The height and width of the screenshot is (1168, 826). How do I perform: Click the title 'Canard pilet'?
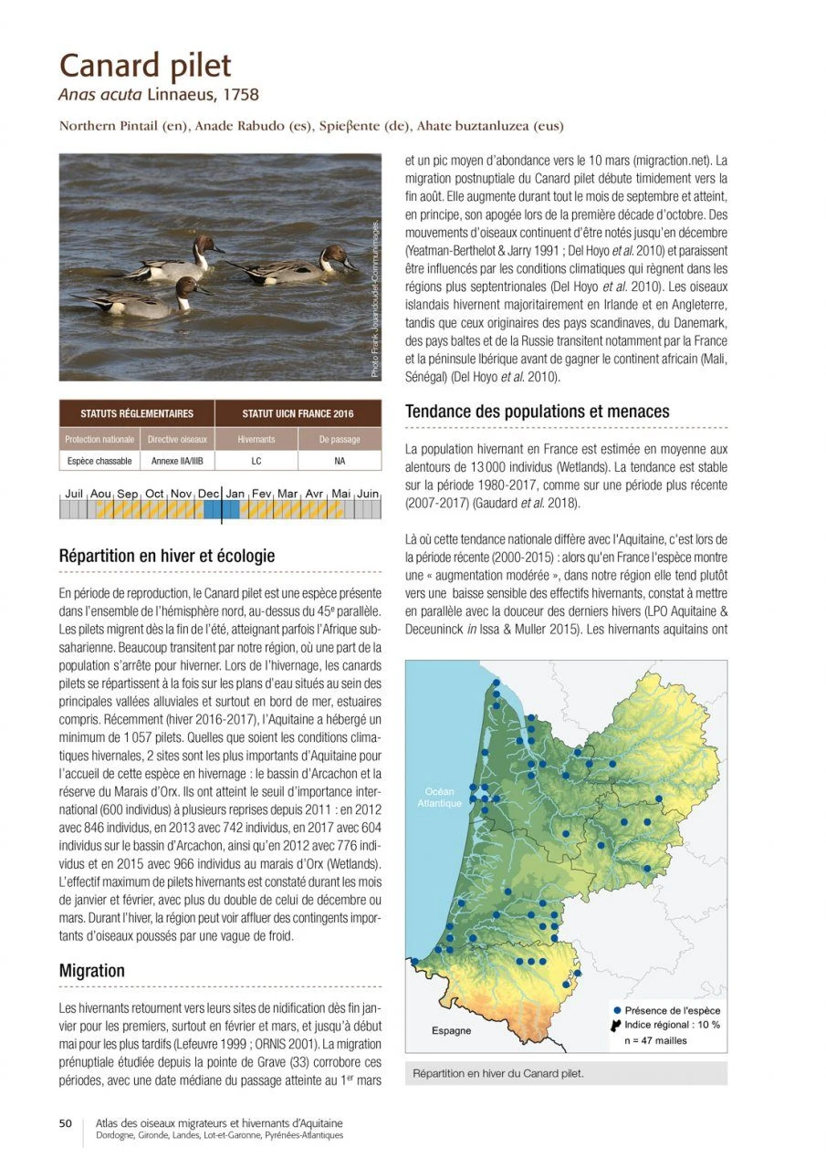pyautogui.click(x=145, y=66)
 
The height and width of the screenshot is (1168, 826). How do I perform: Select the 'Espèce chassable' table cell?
pyautogui.click(x=99, y=461)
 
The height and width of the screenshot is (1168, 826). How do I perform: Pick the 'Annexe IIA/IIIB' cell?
pyautogui.click(x=178, y=461)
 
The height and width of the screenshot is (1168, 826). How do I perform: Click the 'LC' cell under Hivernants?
pyautogui.click(x=256, y=461)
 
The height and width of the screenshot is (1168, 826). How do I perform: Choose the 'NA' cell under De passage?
pyautogui.click(x=340, y=461)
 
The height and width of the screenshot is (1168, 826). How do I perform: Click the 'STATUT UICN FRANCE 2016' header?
pyautogui.click(x=298, y=414)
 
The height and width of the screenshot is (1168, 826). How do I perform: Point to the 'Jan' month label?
pyautogui.click(x=235, y=494)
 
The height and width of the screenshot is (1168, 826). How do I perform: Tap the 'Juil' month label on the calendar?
pyautogui.click(x=74, y=494)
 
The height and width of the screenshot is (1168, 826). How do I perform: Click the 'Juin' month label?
pyautogui.click(x=368, y=494)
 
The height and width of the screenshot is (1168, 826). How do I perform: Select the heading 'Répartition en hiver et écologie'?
pyautogui.click(x=166, y=556)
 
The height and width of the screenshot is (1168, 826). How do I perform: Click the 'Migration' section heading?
pyautogui.click(x=91, y=971)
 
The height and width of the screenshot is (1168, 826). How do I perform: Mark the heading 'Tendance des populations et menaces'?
pyautogui.click(x=537, y=412)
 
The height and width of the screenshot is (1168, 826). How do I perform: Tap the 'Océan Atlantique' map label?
pyautogui.click(x=440, y=798)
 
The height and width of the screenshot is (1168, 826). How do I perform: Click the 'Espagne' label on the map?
pyautogui.click(x=452, y=1030)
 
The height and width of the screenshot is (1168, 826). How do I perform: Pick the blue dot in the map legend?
pyautogui.click(x=617, y=1010)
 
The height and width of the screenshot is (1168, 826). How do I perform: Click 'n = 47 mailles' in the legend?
pyautogui.click(x=655, y=1040)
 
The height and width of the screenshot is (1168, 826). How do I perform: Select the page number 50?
pyautogui.click(x=66, y=1124)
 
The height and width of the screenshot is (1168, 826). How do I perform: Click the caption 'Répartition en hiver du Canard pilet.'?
pyautogui.click(x=498, y=1073)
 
